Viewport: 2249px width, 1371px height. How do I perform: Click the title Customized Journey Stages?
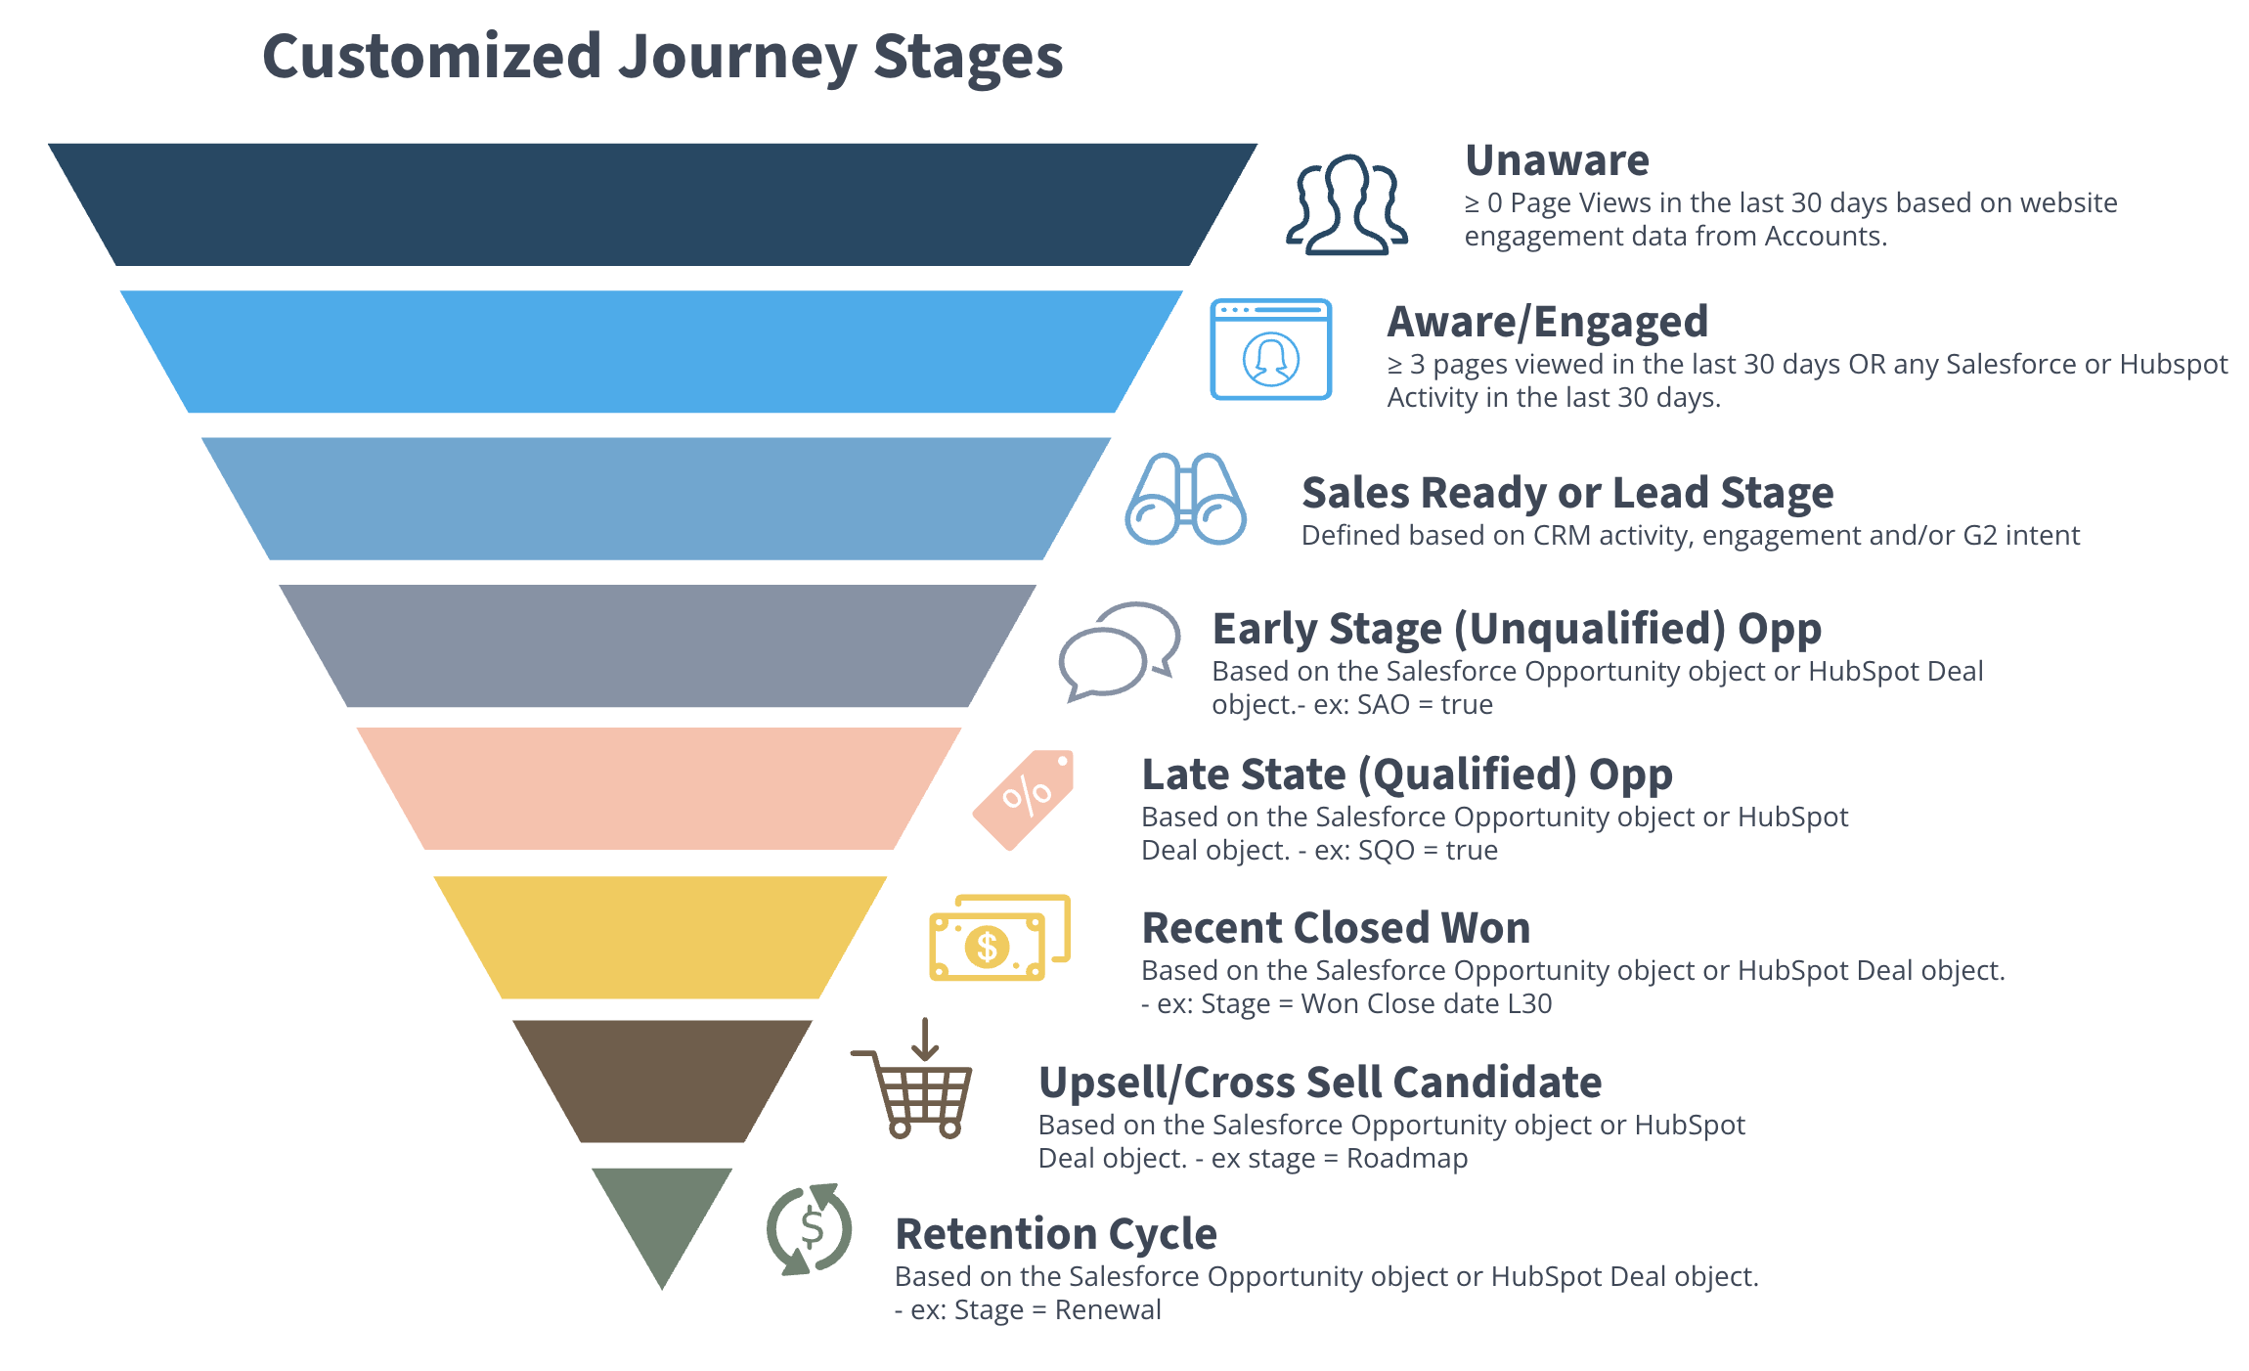(662, 57)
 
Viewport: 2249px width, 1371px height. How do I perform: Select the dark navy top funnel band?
(652, 204)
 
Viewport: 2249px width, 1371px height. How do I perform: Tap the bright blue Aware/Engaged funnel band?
(651, 351)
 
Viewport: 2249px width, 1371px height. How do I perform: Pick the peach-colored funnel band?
(658, 788)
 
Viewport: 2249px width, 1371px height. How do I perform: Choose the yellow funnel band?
(660, 936)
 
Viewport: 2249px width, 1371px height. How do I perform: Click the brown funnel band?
(662, 1081)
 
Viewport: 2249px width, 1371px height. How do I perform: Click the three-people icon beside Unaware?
(1346, 205)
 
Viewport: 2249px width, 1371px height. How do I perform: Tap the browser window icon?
(1270, 349)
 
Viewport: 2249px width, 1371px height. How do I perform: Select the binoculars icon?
(1185, 499)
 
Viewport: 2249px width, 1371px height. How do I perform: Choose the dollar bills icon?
(998, 938)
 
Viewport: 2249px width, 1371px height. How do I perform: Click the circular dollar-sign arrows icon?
(810, 1228)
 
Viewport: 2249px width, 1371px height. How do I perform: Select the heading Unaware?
(1557, 160)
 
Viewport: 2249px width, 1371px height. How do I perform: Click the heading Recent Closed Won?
(1336, 928)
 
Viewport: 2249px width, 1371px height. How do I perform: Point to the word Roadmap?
(1406, 1159)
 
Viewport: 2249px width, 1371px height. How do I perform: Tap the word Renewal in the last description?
(1107, 1310)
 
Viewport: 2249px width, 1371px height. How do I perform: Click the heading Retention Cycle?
(1056, 1234)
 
